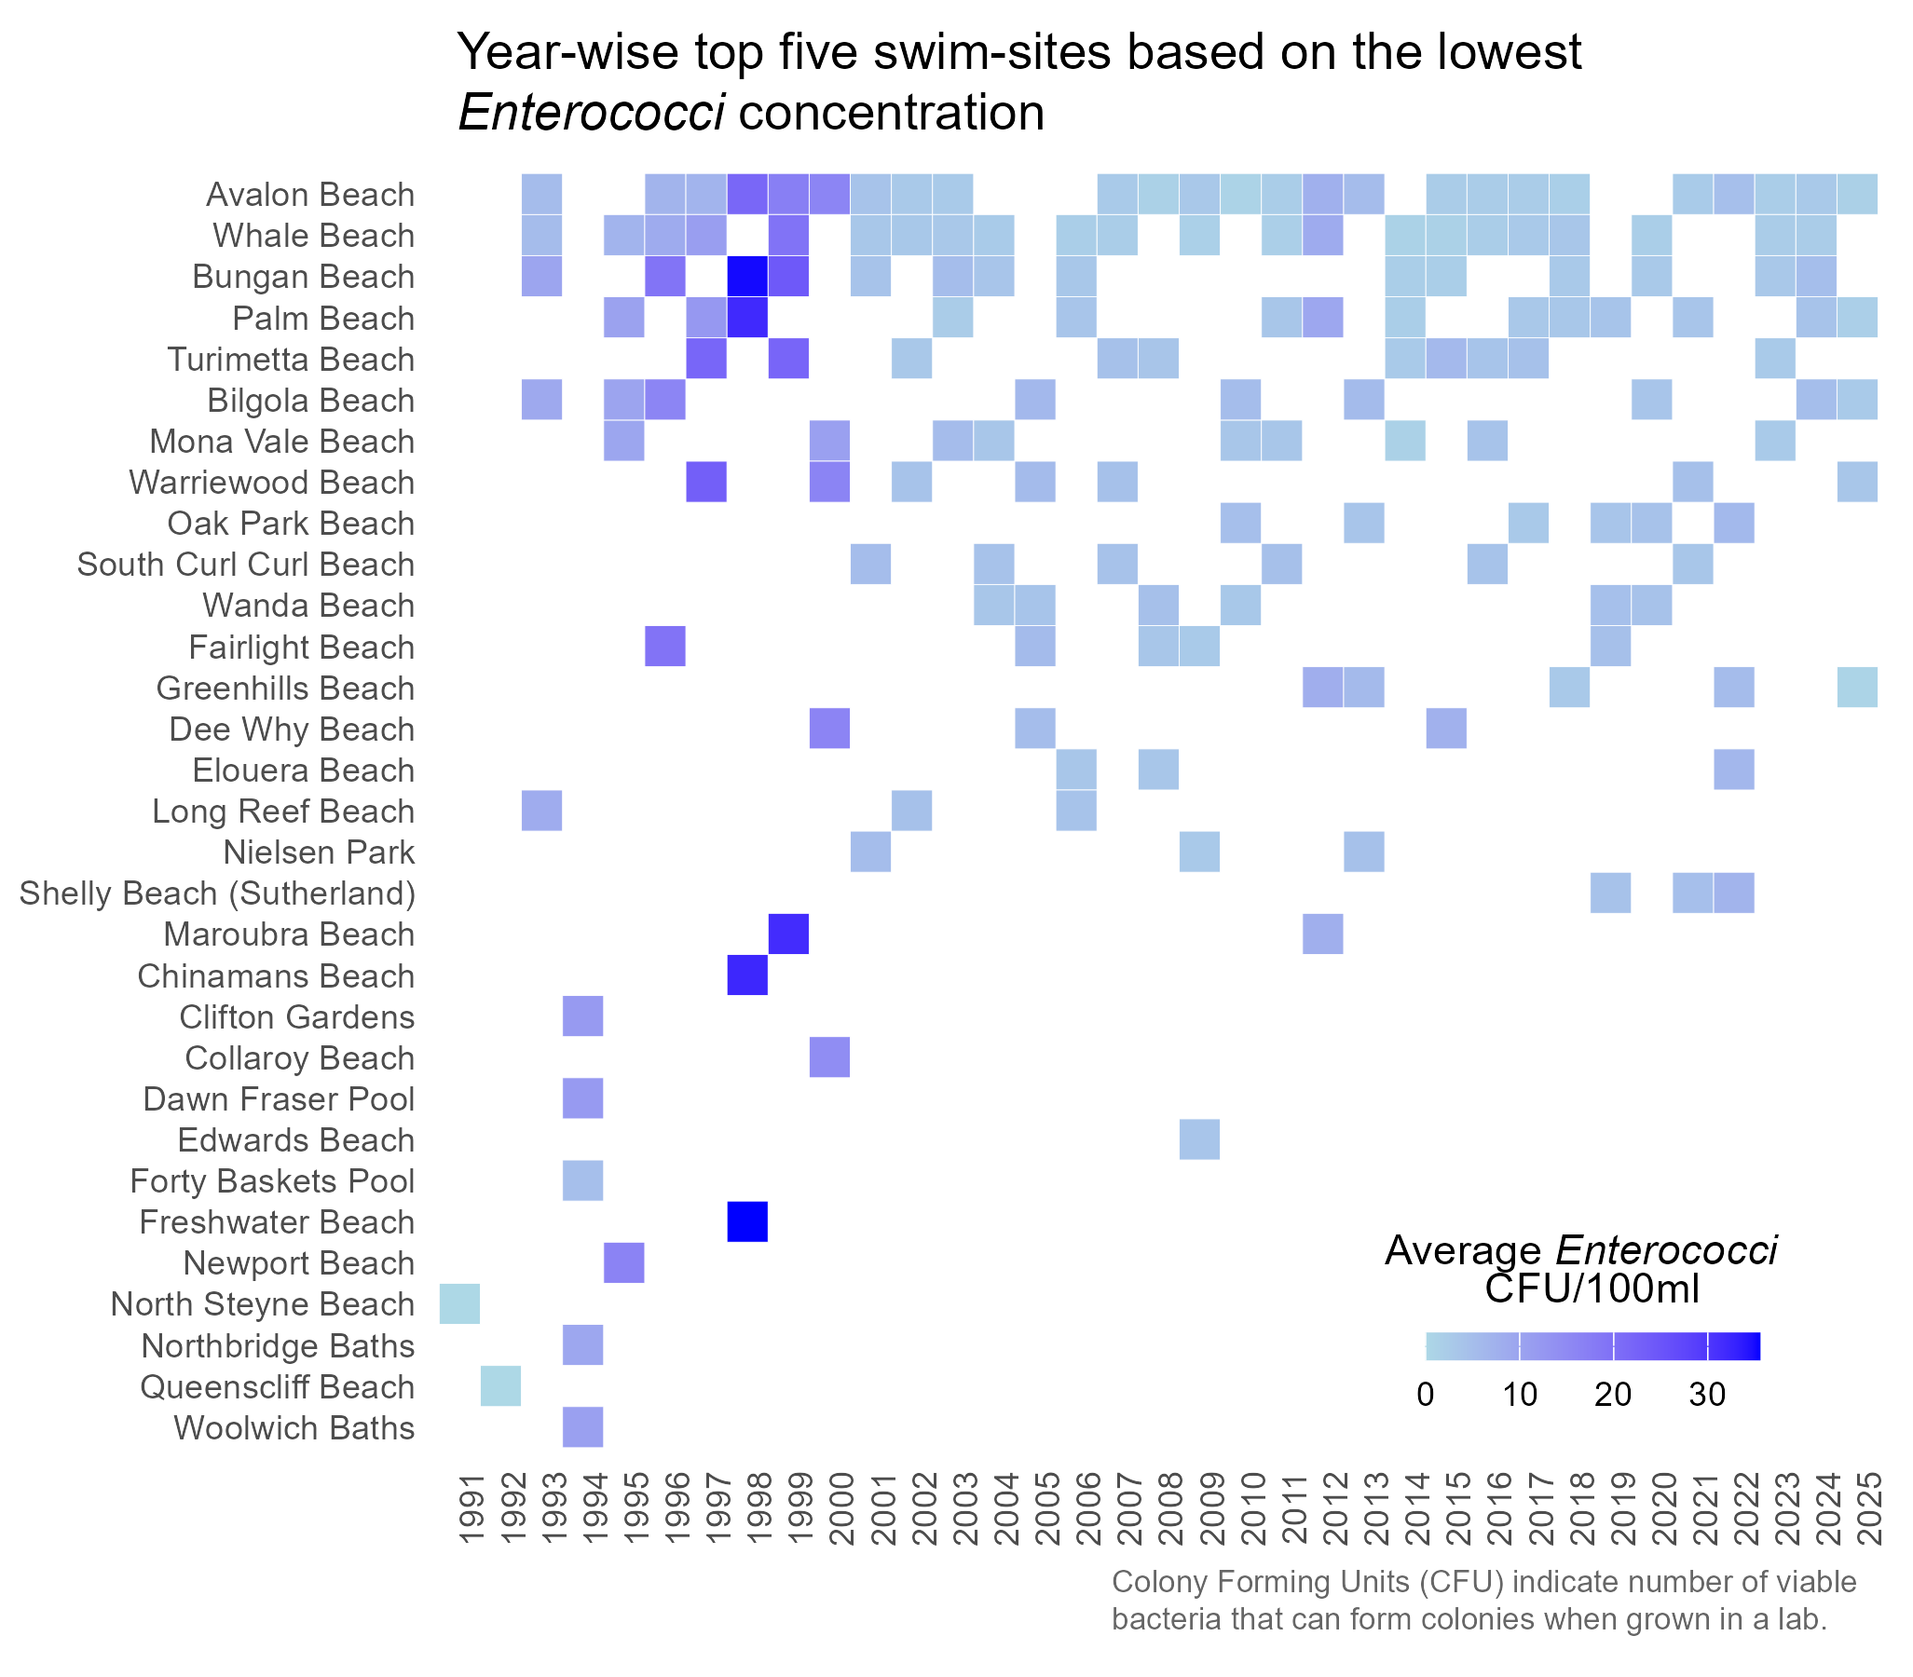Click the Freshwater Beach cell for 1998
click(747, 1221)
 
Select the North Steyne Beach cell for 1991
click(459, 1303)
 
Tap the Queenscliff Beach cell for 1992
click(500, 1386)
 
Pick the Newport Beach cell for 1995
click(624, 1262)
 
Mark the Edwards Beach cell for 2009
click(1199, 1138)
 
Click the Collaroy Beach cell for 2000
click(829, 1057)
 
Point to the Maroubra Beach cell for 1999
click(788, 934)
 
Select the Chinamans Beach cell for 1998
click(747, 975)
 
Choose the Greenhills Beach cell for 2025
click(1857, 688)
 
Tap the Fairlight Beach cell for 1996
click(665, 647)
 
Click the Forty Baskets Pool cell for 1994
click(583, 1180)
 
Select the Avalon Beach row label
click(309, 195)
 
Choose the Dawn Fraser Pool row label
click(278, 1098)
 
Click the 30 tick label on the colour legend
click(1707, 1395)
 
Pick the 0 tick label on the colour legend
click(1426, 1395)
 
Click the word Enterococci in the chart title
click(591, 114)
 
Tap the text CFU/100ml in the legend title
click(1591, 1289)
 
